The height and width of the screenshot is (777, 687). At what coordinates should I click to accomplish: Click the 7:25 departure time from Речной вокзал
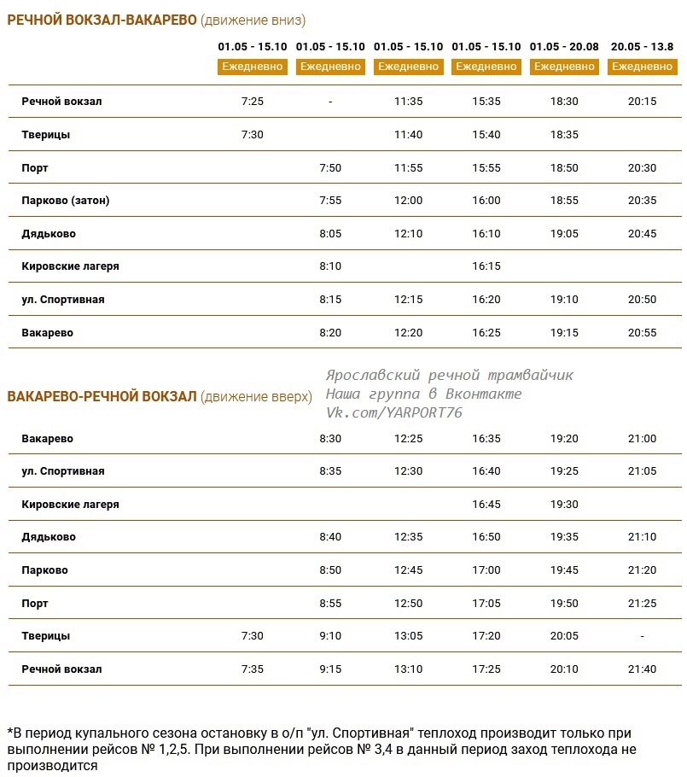coord(253,102)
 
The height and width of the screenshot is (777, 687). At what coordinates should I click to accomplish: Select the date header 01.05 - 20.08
coord(564,47)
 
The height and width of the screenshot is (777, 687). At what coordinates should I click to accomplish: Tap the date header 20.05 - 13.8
coord(642,47)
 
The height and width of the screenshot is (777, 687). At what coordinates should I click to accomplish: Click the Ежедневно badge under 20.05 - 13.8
coord(642,67)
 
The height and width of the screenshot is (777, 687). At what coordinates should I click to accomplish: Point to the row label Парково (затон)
coord(66,201)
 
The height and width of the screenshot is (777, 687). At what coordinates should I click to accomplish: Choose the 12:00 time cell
coord(408,201)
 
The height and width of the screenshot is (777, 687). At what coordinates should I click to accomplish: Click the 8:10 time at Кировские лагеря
coord(330,266)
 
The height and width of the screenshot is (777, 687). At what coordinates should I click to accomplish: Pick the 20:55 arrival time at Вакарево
coord(642,333)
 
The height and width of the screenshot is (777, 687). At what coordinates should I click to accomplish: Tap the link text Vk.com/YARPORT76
coord(393,412)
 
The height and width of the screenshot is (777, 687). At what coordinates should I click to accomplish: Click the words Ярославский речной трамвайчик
coord(449,375)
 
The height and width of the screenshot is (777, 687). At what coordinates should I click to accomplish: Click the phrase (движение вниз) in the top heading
coord(253,20)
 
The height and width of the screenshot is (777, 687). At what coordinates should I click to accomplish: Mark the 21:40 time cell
coord(642,669)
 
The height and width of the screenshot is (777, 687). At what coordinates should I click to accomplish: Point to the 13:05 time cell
coord(408,636)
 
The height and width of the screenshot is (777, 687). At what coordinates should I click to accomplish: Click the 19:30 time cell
coord(564,505)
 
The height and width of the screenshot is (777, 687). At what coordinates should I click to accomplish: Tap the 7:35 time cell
coord(253,669)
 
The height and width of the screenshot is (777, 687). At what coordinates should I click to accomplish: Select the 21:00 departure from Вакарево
coord(642,439)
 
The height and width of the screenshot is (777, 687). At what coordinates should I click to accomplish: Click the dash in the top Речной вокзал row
coord(330,102)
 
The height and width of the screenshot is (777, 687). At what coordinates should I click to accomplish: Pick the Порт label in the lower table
coord(35,604)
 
